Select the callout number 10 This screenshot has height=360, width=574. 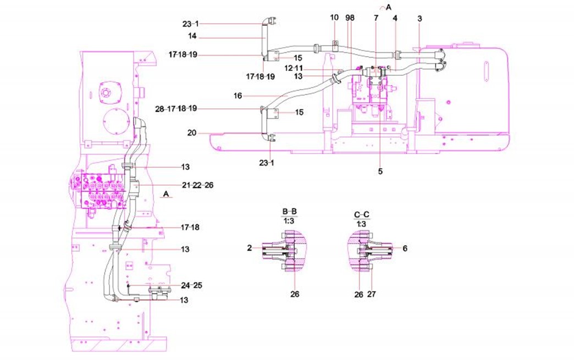334,18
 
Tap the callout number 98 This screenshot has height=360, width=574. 350,18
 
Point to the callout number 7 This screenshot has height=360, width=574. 376,18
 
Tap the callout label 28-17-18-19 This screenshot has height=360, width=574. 176,109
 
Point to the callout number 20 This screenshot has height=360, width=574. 191,133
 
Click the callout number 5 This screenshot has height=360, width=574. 380,171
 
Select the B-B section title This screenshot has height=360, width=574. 290,211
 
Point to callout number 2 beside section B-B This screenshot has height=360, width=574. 250,248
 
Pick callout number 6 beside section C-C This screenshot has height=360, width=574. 405,248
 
